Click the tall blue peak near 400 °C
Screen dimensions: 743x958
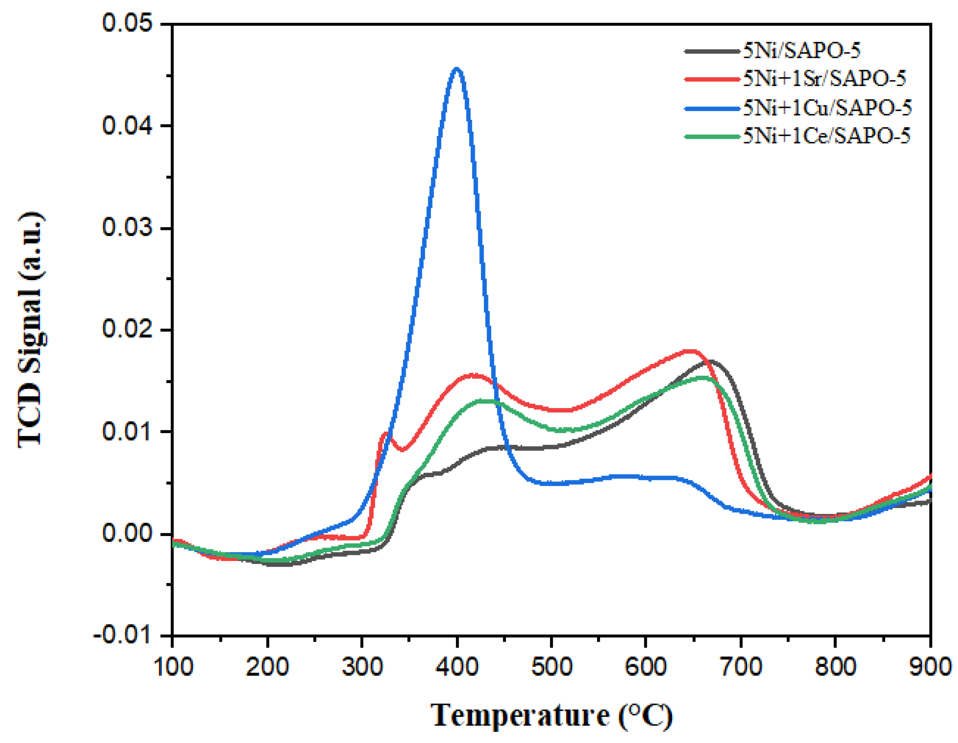[457, 69]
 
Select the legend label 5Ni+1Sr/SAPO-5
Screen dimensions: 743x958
[824, 79]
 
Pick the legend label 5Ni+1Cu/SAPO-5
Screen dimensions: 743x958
[827, 108]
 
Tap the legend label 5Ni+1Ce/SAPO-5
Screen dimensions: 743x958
[826, 136]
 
